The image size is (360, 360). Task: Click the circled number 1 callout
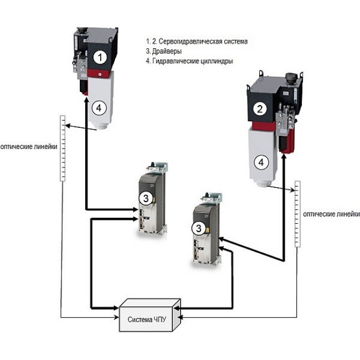coord(99,56)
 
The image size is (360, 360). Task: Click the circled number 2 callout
coord(259,109)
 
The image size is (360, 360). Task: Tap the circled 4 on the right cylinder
coord(259,162)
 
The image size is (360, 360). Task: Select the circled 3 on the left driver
coord(143,197)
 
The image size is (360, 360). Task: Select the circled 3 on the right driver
coord(198,228)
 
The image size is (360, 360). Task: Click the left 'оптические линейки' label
coord(28,148)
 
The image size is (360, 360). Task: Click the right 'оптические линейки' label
coord(330,214)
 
